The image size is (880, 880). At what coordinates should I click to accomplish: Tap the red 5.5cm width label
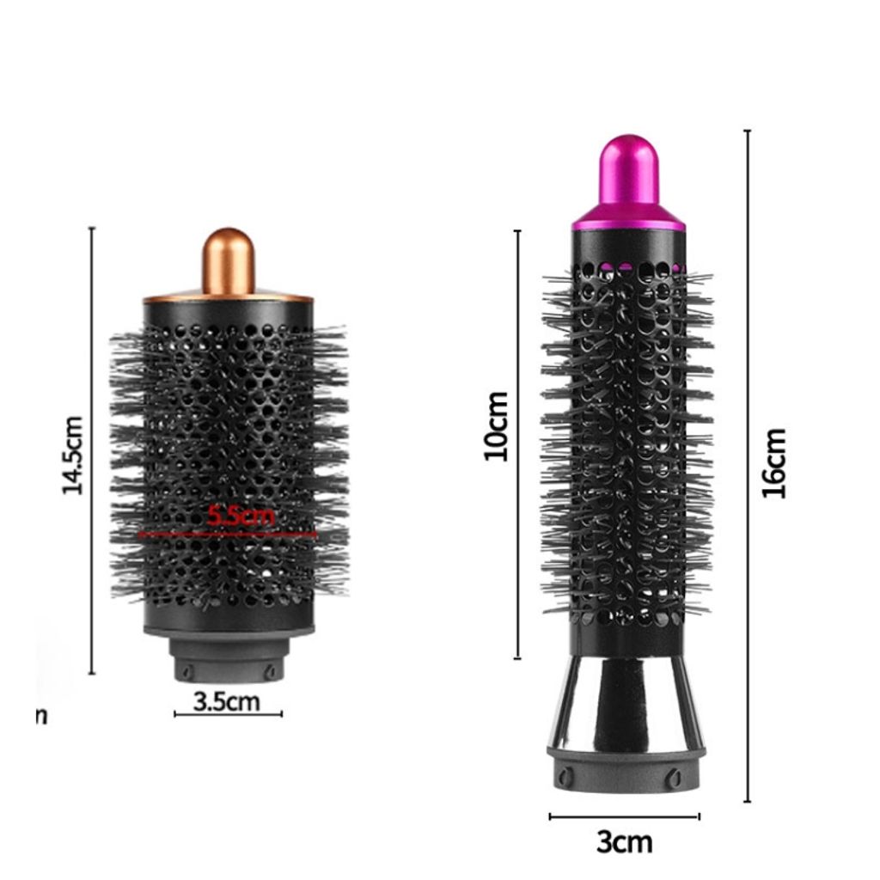(x=241, y=516)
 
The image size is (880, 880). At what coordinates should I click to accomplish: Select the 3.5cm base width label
(x=226, y=701)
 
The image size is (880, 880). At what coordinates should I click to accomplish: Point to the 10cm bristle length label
(x=497, y=425)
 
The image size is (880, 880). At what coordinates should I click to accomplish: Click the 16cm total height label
(x=775, y=462)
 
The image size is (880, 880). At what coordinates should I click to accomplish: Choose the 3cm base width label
(x=625, y=842)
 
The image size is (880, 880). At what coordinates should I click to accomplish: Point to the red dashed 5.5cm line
(x=228, y=534)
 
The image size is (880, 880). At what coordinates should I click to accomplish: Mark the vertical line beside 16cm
(x=748, y=464)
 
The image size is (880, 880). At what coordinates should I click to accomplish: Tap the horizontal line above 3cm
(x=625, y=816)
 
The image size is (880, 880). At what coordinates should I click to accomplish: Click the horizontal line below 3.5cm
(x=228, y=714)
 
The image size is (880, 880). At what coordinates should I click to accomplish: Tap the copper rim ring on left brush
(x=228, y=299)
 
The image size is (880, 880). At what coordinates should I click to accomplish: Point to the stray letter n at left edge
(x=41, y=716)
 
